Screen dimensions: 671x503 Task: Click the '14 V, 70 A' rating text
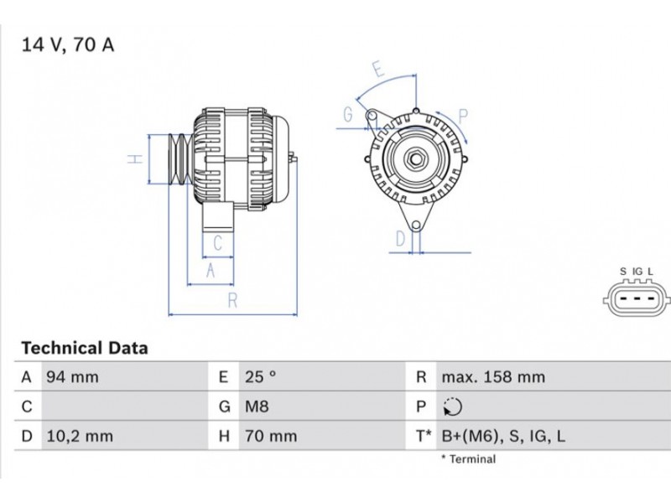68,45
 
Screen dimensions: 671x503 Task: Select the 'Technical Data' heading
85,348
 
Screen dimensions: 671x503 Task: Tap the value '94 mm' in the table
72,377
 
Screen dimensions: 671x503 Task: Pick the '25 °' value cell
261,376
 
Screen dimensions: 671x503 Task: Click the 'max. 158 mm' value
493,376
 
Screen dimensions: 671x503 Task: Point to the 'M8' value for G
257,407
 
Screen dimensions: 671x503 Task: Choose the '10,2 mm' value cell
80,436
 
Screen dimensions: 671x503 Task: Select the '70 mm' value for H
271,436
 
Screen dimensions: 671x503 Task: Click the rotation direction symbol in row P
452,407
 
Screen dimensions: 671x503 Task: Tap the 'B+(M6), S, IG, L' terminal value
503,436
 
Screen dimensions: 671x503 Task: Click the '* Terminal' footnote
468,459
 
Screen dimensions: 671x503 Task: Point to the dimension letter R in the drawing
232,301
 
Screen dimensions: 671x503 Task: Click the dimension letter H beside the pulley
135,159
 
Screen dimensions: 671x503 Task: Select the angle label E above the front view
378,69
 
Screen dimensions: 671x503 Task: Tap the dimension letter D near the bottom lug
401,239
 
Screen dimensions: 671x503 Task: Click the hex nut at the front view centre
415,159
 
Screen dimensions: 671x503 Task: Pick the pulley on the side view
179,159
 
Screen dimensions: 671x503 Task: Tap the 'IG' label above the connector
637,272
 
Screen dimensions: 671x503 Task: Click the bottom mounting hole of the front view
416,226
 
